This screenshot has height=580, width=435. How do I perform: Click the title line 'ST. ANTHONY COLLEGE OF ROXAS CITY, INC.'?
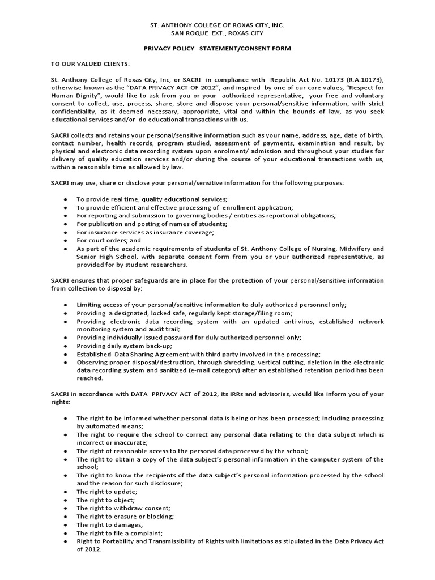click(x=217, y=25)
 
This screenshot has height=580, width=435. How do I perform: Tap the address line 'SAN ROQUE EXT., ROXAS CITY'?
click(x=217, y=33)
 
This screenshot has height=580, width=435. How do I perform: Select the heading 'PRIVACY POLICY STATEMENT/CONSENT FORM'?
click(x=217, y=49)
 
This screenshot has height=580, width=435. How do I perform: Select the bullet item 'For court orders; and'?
click(x=109, y=240)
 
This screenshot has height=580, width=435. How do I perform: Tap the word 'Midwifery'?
click(x=362, y=249)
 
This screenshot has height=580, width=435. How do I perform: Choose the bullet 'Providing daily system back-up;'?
click(x=125, y=346)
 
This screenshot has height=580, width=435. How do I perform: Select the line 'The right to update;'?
click(x=107, y=492)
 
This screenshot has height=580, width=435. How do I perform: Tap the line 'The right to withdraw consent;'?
click(x=123, y=508)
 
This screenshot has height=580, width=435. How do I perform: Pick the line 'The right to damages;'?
click(x=109, y=525)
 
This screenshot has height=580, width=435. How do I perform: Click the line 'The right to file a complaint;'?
click(x=120, y=533)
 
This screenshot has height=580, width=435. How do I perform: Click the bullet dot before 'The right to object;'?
click(x=66, y=500)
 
